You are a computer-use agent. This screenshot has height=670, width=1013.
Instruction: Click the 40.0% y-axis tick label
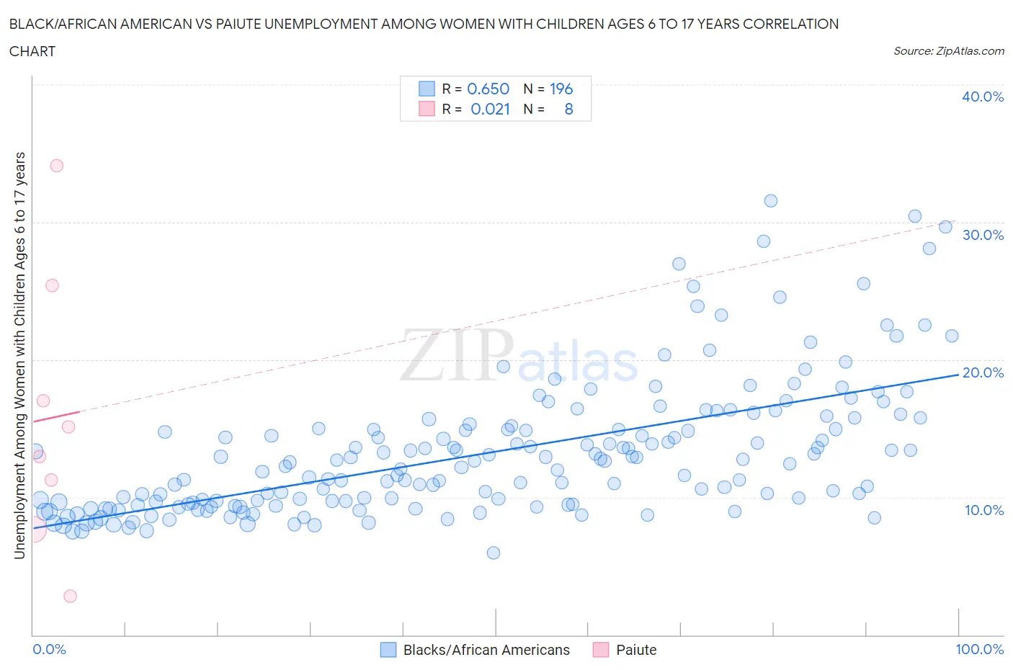pyautogui.click(x=982, y=97)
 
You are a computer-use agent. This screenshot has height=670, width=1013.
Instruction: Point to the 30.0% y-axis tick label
pyautogui.click(x=982, y=235)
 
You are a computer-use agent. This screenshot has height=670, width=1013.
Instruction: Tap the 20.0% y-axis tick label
pyautogui.click(x=982, y=372)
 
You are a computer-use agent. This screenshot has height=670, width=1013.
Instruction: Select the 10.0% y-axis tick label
pyautogui.click(x=983, y=510)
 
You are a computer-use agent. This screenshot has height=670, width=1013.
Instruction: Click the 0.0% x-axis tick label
pyautogui.click(x=49, y=649)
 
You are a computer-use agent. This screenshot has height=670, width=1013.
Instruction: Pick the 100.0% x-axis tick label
pyautogui.click(x=979, y=649)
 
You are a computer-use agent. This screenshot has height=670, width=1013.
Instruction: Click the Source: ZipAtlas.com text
pyautogui.click(x=948, y=51)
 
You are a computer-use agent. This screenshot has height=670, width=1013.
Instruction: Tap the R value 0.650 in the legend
pyautogui.click(x=488, y=89)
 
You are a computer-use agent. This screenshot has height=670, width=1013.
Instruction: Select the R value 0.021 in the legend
pyautogui.click(x=490, y=109)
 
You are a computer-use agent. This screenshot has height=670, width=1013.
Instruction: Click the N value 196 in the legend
pyautogui.click(x=561, y=89)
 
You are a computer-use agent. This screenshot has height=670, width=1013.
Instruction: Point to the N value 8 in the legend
pyautogui.click(x=568, y=109)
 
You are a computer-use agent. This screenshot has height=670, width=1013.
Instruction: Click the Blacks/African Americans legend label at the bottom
pyautogui.click(x=486, y=650)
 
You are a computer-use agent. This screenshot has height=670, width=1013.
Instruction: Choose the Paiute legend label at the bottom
pyautogui.click(x=636, y=650)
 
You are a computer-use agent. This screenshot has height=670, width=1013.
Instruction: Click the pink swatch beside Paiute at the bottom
pyautogui.click(x=601, y=650)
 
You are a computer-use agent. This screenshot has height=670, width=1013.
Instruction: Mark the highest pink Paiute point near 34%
pyautogui.click(x=56, y=166)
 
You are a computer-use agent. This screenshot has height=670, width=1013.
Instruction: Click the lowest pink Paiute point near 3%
pyautogui.click(x=70, y=596)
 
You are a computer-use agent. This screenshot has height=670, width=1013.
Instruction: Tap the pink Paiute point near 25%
pyautogui.click(x=52, y=285)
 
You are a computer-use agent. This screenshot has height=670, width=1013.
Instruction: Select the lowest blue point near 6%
pyautogui.click(x=494, y=553)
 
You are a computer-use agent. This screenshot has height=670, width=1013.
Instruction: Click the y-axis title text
pyautogui.click(x=20, y=355)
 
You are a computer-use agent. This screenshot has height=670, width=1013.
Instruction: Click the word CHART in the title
pyautogui.click(x=32, y=51)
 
